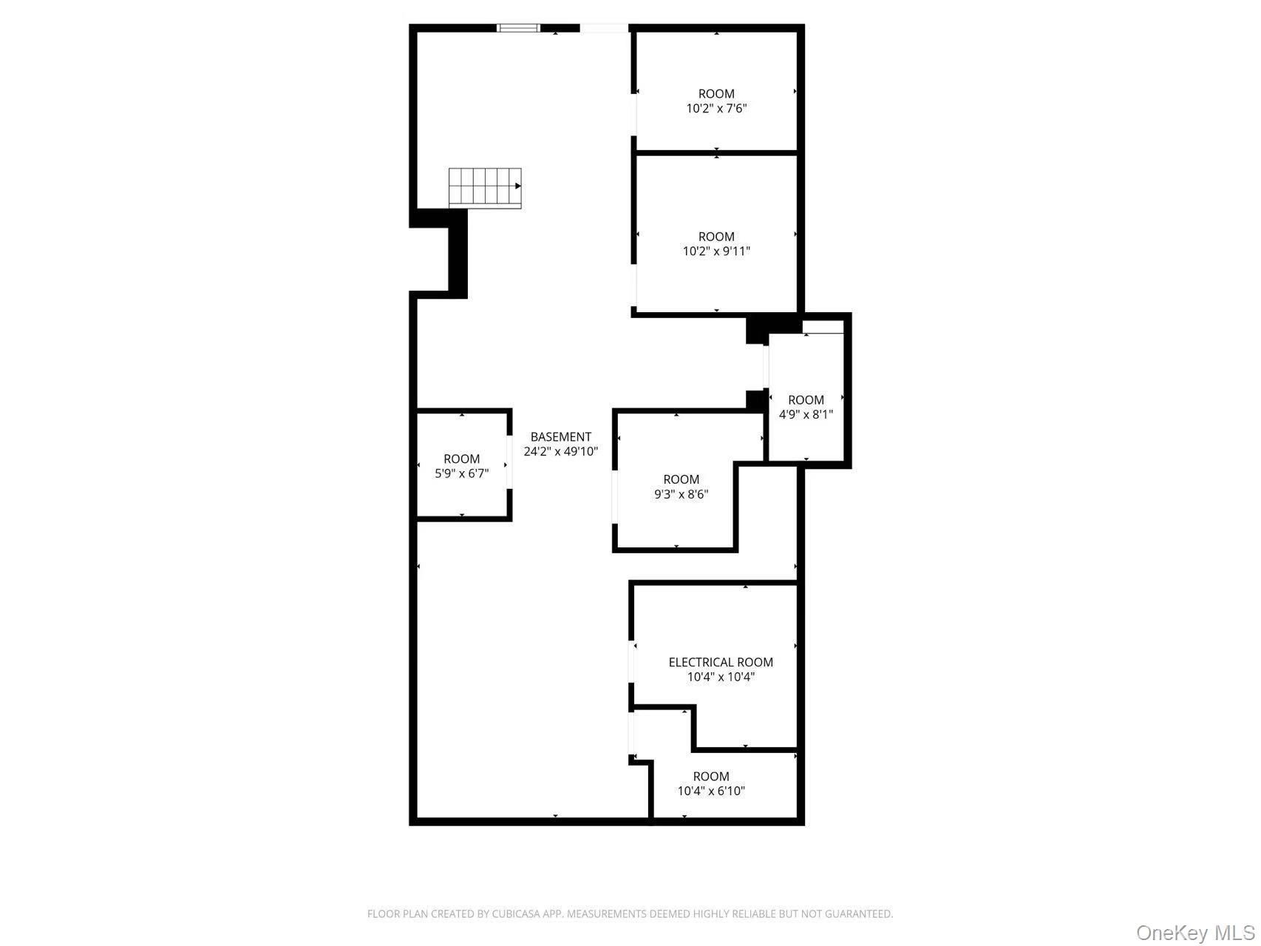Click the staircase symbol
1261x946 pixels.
[484, 186]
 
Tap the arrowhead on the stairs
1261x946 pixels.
[518, 186]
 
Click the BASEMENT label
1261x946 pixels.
[560, 437]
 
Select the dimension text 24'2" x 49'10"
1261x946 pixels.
[560, 451]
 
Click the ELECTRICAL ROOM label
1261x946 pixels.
[721, 663]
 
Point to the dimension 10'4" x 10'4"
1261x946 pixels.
[721, 677]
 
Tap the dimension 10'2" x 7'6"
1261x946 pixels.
[716, 109]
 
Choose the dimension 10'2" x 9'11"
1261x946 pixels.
[716, 251]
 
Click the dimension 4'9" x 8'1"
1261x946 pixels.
[806, 415]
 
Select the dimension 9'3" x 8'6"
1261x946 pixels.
[681, 494]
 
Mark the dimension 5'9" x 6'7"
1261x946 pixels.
[461, 473]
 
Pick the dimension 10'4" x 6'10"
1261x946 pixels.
[711, 791]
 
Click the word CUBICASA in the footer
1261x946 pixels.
[514, 914]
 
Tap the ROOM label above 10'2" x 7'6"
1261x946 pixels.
[716, 94]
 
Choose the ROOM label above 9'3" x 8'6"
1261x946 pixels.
[681, 479]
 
